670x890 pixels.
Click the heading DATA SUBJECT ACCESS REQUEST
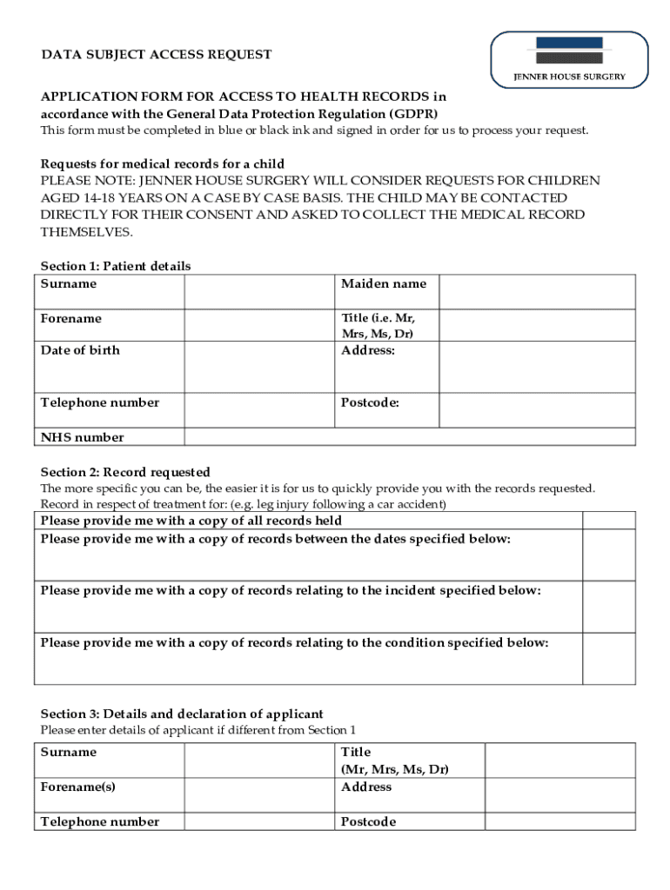point(157,55)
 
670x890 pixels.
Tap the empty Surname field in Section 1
point(258,291)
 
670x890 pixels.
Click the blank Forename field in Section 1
point(258,325)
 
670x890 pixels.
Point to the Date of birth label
point(80,350)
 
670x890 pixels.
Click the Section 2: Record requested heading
point(125,473)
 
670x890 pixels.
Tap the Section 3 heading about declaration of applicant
point(182,714)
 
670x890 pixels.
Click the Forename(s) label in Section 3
point(77,787)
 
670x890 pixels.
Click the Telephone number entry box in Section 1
point(258,410)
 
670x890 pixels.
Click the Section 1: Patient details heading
point(116,266)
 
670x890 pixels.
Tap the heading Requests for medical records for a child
point(163,164)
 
